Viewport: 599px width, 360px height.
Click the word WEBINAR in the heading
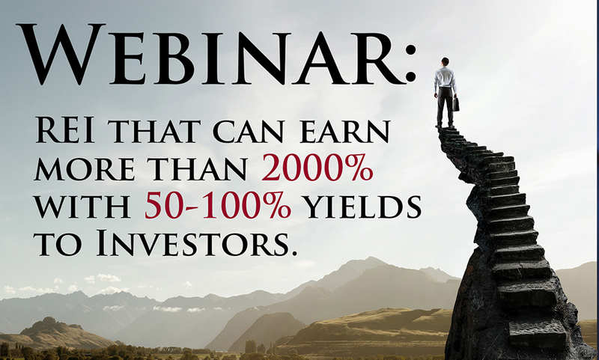pos(210,53)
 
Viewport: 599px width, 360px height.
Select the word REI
pos(65,130)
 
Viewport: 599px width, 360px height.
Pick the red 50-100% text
pos(218,206)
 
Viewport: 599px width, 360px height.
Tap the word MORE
pos(85,169)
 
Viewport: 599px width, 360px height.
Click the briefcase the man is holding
pos(455,103)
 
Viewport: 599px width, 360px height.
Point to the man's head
pos(445,61)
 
